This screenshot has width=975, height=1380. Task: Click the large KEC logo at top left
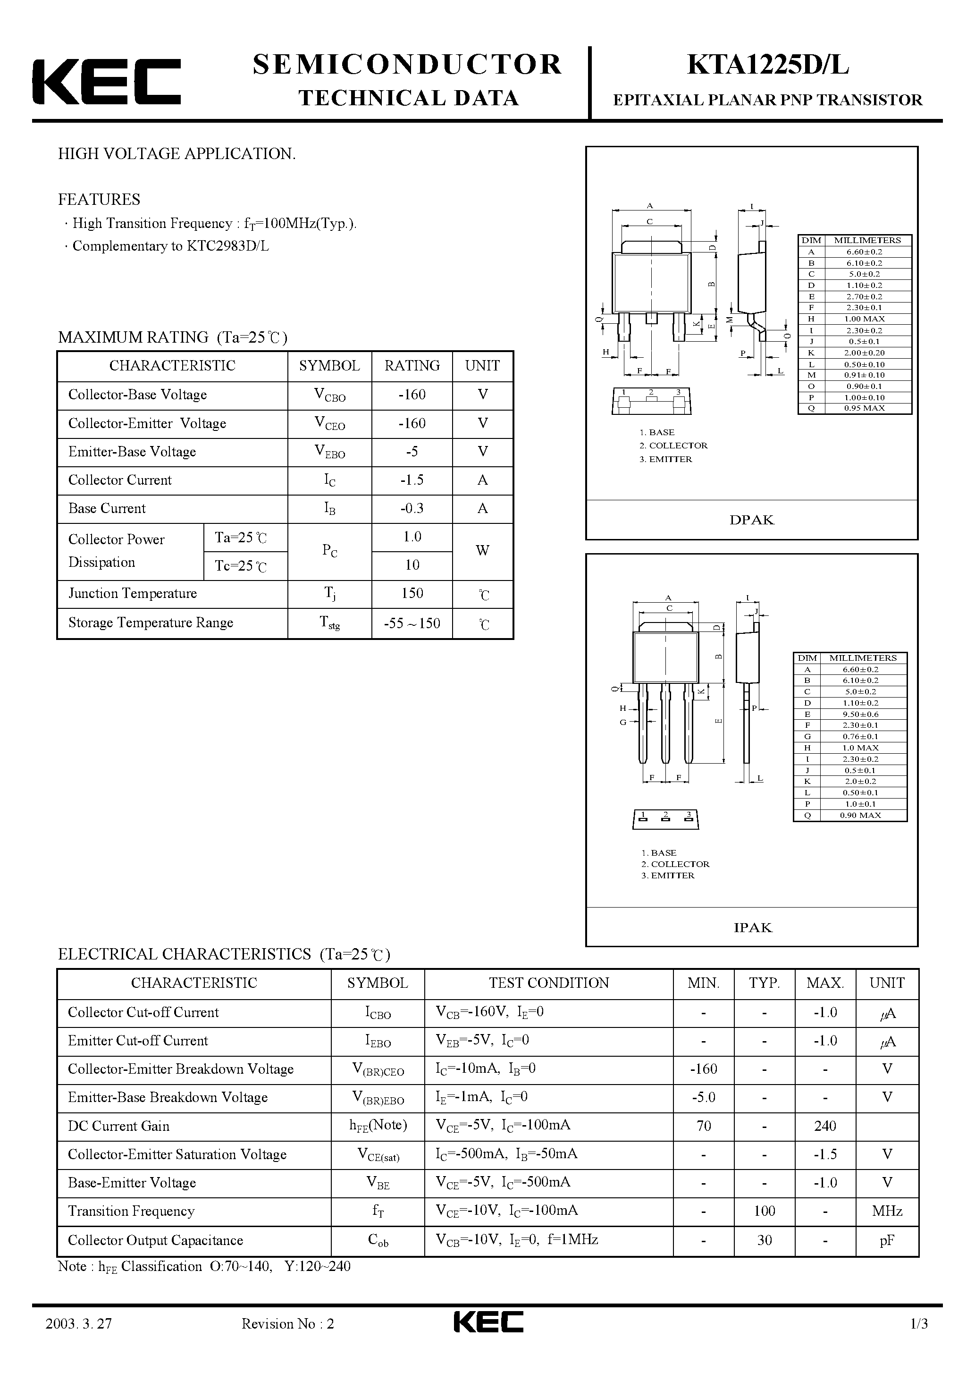[106, 82]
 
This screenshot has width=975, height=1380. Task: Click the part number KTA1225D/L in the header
[768, 66]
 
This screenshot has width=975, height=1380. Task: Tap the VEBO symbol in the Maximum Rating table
[329, 453]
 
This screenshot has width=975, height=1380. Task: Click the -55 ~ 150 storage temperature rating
[412, 623]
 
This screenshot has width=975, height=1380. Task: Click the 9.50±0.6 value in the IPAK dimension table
[860, 714]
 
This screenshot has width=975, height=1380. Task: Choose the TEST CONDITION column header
[548, 983]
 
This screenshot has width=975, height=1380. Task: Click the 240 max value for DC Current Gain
[825, 1126]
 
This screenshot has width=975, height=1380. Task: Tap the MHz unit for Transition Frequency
[887, 1211]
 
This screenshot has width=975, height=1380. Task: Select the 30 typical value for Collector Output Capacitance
[764, 1240]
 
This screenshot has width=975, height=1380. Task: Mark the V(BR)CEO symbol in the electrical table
[378, 1070]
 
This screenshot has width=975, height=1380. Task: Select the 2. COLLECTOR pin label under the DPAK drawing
[673, 446]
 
